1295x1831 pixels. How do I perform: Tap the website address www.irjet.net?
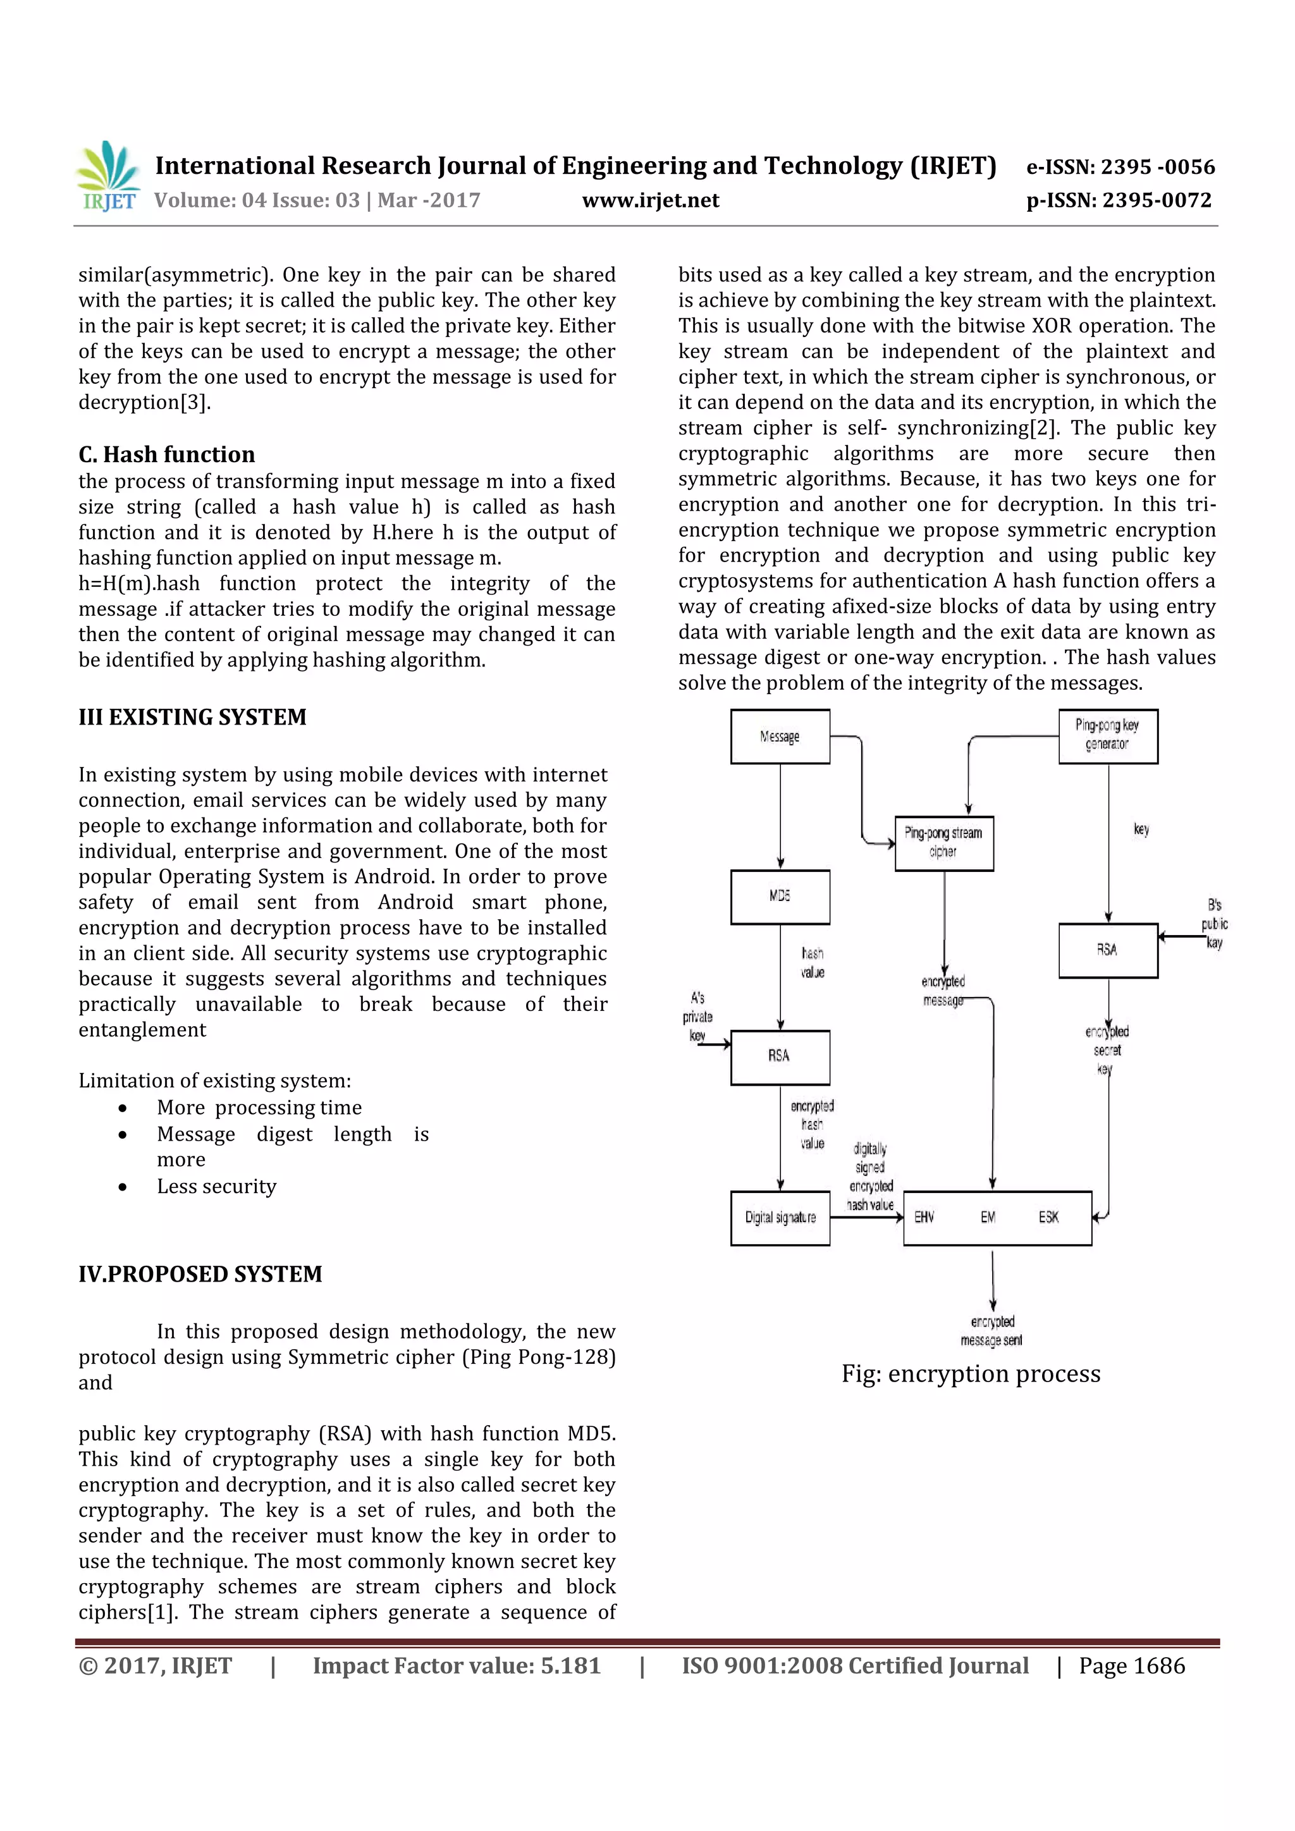pyautogui.click(x=650, y=200)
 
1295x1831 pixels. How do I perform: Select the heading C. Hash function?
pyautogui.click(x=167, y=455)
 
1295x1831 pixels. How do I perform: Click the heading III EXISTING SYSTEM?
pyautogui.click(x=192, y=717)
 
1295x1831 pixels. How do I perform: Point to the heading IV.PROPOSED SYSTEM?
pyautogui.click(x=200, y=1273)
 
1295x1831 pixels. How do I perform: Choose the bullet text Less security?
pyautogui.click(x=216, y=1186)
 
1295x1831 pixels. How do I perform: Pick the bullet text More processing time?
pyautogui.click(x=259, y=1107)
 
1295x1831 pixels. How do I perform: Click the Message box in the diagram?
pyautogui.click(x=780, y=737)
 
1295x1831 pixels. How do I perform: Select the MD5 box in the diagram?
pyautogui.click(x=780, y=897)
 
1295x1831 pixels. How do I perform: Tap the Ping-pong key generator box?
pyautogui.click(x=1108, y=735)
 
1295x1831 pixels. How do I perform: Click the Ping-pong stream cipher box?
pyautogui.click(x=943, y=843)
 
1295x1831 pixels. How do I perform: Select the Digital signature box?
pyautogui.click(x=780, y=1218)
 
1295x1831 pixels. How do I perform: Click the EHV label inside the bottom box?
pyautogui.click(x=924, y=1218)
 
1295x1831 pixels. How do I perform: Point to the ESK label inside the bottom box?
pyautogui.click(x=1048, y=1218)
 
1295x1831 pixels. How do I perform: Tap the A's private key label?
pyautogui.click(x=697, y=1016)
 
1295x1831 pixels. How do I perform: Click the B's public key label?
pyautogui.click(x=1215, y=924)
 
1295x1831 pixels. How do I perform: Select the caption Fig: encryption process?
pyautogui.click(x=971, y=1374)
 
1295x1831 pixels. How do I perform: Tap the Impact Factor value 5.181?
pyautogui.click(x=456, y=1666)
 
